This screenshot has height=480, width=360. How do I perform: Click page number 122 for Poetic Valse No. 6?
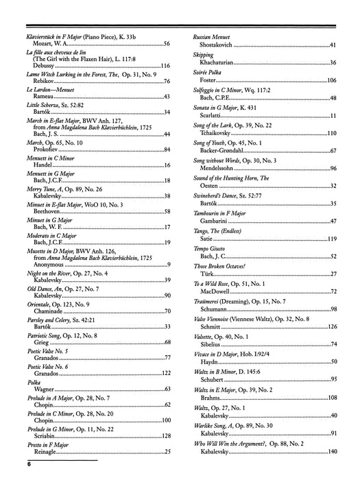click(165, 373)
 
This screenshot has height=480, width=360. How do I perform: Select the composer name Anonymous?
click(43, 265)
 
